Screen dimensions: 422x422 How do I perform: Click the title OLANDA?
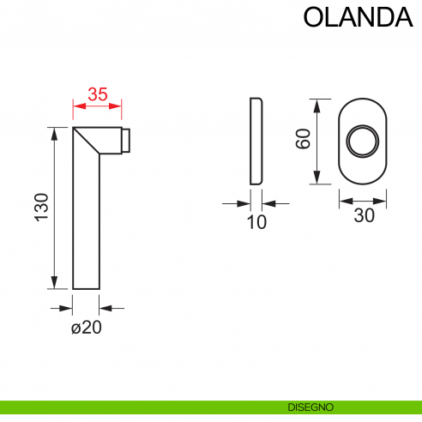[x=353, y=18]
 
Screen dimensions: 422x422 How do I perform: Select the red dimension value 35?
[x=97, y=95]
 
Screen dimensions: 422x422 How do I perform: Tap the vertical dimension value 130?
[x=41, y=208]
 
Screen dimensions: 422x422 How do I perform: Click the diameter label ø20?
[x=87, y=327]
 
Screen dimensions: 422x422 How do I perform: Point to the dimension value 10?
[x=256, y=222]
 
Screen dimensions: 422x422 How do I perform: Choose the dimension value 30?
[x=365, y=216]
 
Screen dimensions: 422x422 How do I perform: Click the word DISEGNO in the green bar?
[x=310, y=407]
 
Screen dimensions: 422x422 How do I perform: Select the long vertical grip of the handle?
[x=87, y=223]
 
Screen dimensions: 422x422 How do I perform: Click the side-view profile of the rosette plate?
[x=256, y=141]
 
